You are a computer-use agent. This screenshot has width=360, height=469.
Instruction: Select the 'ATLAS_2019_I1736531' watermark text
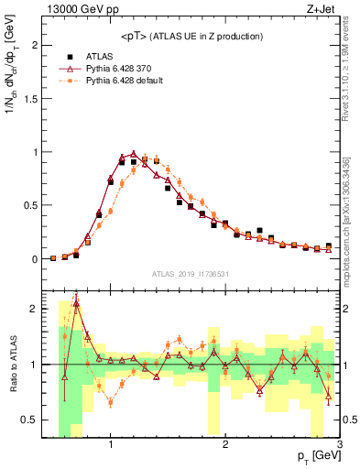point(191,274)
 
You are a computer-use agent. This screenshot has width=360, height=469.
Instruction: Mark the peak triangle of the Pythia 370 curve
point(134,154)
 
